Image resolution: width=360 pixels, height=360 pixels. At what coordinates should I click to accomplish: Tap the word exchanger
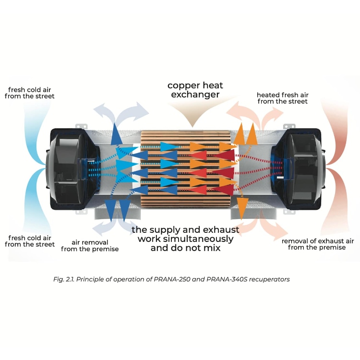(195, 95)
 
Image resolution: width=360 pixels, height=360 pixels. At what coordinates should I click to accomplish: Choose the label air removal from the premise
(96, 245)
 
